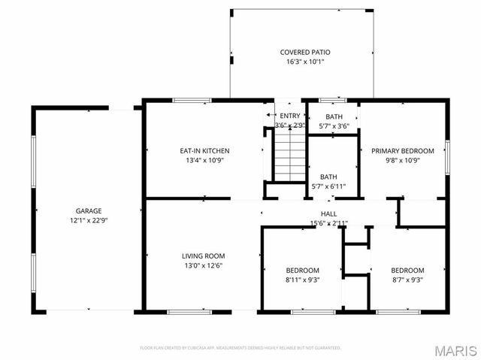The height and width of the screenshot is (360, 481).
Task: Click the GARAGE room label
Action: [88, 211]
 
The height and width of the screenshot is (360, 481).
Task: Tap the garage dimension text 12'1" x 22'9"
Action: [88, 222]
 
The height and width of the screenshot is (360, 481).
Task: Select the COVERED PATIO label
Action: [305, 52]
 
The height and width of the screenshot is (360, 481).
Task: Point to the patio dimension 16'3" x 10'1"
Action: [305, 62]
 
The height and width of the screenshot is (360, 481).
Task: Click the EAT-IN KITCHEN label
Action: [199, 150]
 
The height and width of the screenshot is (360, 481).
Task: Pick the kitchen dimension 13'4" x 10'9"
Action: [199, 160]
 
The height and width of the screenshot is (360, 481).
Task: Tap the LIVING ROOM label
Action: [203, 256]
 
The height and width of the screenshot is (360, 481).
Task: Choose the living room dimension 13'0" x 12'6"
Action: [203, 265]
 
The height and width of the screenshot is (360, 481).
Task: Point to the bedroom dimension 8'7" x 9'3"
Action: [407, 280]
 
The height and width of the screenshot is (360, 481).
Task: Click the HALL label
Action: [329, 213]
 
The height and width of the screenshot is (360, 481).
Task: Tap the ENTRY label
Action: [289, 115]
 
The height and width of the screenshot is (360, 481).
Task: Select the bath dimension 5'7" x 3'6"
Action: [334, 126]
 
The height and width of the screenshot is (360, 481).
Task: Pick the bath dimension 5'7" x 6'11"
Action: [329, 186]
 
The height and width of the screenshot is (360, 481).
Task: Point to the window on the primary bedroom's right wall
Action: [448, 155]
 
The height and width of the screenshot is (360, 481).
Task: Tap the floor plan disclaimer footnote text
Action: [240, 348]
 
